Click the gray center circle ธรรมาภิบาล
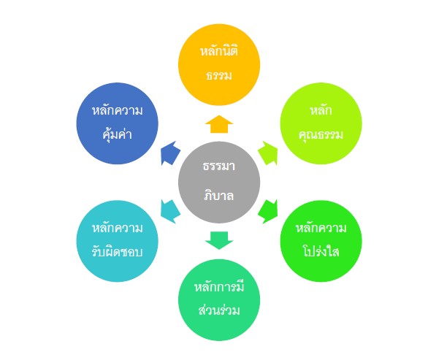pos(219,182)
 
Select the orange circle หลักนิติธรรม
pos(219,64)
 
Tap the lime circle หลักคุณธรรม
pos(321,123)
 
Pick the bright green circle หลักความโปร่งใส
pos(321,241)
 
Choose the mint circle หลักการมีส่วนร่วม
pos(219,300)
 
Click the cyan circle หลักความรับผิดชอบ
pos(117,241)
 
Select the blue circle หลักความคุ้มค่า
pos(117,123)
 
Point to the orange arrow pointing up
pos(219,124)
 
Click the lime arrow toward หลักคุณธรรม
pos(268,153)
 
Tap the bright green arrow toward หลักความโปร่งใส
pos(268,212)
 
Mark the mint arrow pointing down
pos(219,240)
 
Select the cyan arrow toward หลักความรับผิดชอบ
pos(170,212)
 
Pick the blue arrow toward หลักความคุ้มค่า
pos(170,153)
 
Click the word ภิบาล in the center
pos(219,196)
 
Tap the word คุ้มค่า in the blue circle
pos(118,134)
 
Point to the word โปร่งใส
pos(321,251)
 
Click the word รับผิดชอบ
pos(117,251)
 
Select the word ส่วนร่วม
pos(219,310)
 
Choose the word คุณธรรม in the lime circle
pos(321,134)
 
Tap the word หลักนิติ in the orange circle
pos(219,51)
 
